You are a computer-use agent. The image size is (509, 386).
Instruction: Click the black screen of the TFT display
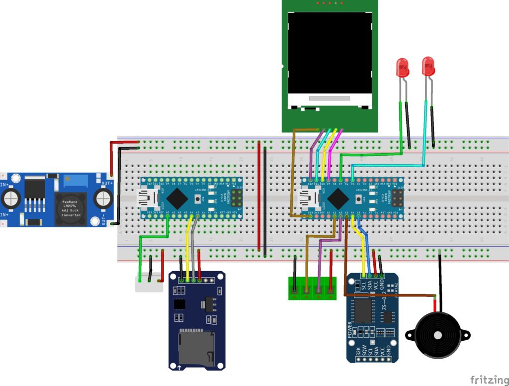coord(330,52)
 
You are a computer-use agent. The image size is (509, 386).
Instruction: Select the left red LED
coord(402,67)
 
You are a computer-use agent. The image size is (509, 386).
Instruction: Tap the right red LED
coord(428,66)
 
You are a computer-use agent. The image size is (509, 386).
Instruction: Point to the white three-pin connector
coord(149,285)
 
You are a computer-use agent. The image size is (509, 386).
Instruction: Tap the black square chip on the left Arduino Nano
coord(177,198)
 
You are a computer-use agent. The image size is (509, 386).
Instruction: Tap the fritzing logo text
coord(489,380)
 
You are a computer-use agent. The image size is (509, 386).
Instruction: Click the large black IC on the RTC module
coord(364,311)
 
